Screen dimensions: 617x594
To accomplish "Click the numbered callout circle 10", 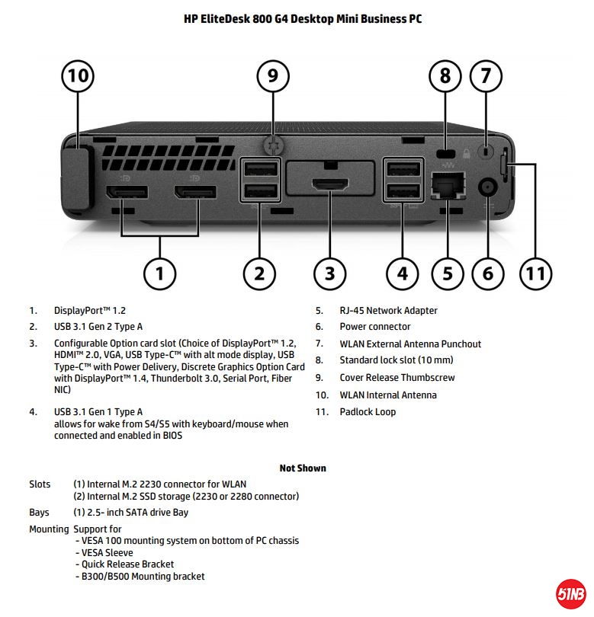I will coord(79,76).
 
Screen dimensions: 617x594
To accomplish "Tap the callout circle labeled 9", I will coord(273,76).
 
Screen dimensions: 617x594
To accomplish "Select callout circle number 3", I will coord(329,273).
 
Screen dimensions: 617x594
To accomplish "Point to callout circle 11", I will coord(536,273).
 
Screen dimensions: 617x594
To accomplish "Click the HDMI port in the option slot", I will coord(330,184).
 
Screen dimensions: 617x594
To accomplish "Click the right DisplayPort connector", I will coord(195,192).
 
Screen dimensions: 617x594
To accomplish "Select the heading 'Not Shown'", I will coord(303,468).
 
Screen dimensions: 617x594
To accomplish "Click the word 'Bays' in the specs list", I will coord(40,513).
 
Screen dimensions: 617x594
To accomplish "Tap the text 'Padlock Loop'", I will coord(368,412).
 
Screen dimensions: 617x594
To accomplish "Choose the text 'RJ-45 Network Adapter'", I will coord(388,311).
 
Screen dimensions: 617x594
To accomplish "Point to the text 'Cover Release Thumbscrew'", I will coord(397,378).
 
